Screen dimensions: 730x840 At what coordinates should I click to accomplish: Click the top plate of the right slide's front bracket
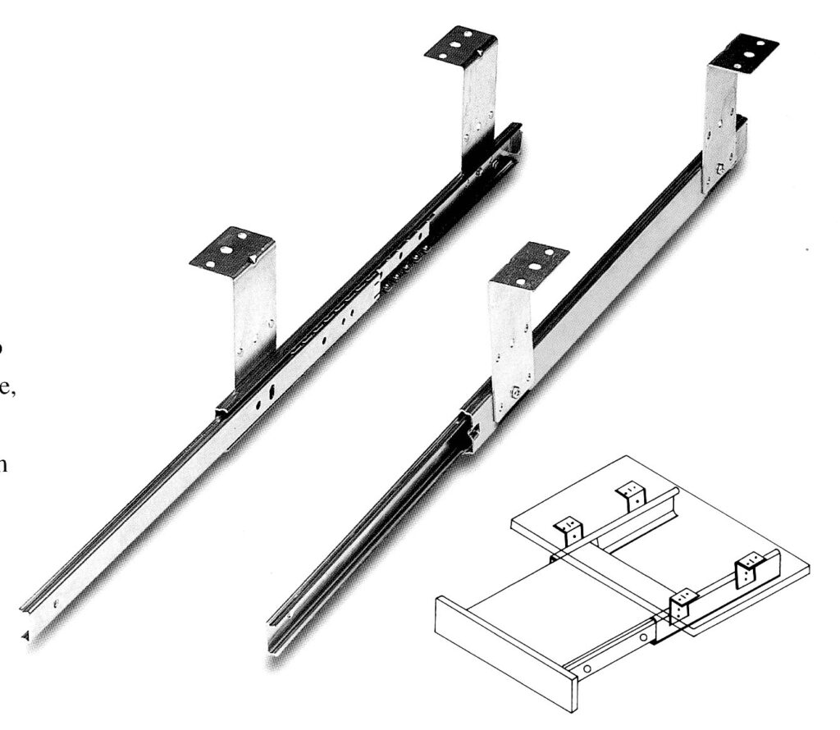coord(529,263)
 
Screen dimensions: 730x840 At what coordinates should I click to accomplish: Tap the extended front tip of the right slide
coord(275,644)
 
